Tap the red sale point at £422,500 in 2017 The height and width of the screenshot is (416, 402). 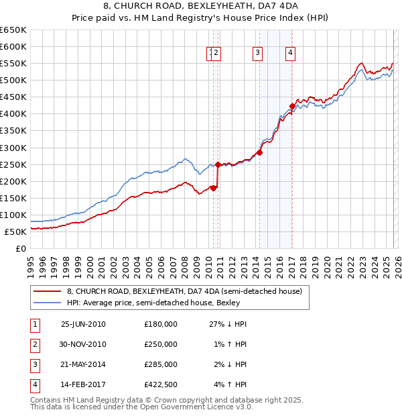(x=292, y=106)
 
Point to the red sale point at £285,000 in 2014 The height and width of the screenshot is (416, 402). (x=259, y=152)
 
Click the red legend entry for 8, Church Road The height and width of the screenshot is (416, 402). (x=184, y=291)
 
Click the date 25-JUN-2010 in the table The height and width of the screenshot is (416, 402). (x=83, y=324)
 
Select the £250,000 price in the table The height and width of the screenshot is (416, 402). (x=161, y=344)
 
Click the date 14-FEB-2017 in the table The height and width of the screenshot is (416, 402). (x=83, y=384)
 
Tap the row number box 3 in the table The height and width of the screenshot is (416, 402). (x=33, y=364)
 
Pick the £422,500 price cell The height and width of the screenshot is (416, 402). (x=161, y=384)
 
